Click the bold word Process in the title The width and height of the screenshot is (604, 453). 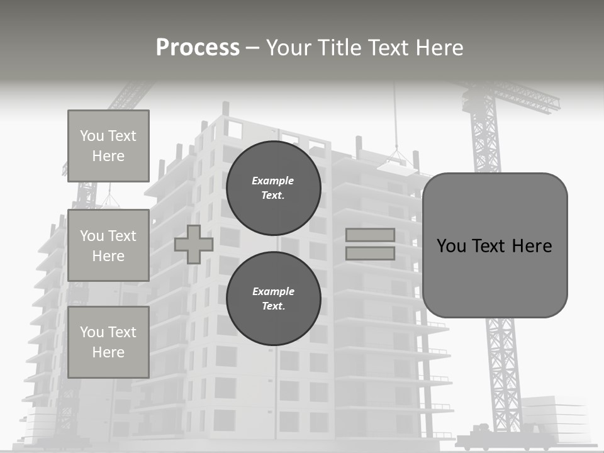click(x=198, y=48)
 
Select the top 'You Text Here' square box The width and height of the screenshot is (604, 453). click(x=108, y=146)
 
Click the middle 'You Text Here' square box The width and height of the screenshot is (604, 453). click(x=108, y=245)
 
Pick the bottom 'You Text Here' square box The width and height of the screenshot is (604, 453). click(x=108, y=342)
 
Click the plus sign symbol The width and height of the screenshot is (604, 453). click(x=193, y=245)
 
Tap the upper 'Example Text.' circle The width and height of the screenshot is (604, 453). click(x=273, y=188)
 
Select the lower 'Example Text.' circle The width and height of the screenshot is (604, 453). click(x=273, y=299)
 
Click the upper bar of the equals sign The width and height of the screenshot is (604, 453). click(x=370, y=235)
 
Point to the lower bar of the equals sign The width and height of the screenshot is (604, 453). click(x=370, y=254)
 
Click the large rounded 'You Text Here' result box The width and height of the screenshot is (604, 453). click(x=495, y=245)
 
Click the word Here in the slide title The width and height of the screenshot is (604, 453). click(x=438, y=48)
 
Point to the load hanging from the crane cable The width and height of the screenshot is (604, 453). click(x=397, y=163)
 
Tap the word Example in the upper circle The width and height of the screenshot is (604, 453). click(x=273, y=181)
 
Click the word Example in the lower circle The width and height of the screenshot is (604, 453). click(x=273, y=291)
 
